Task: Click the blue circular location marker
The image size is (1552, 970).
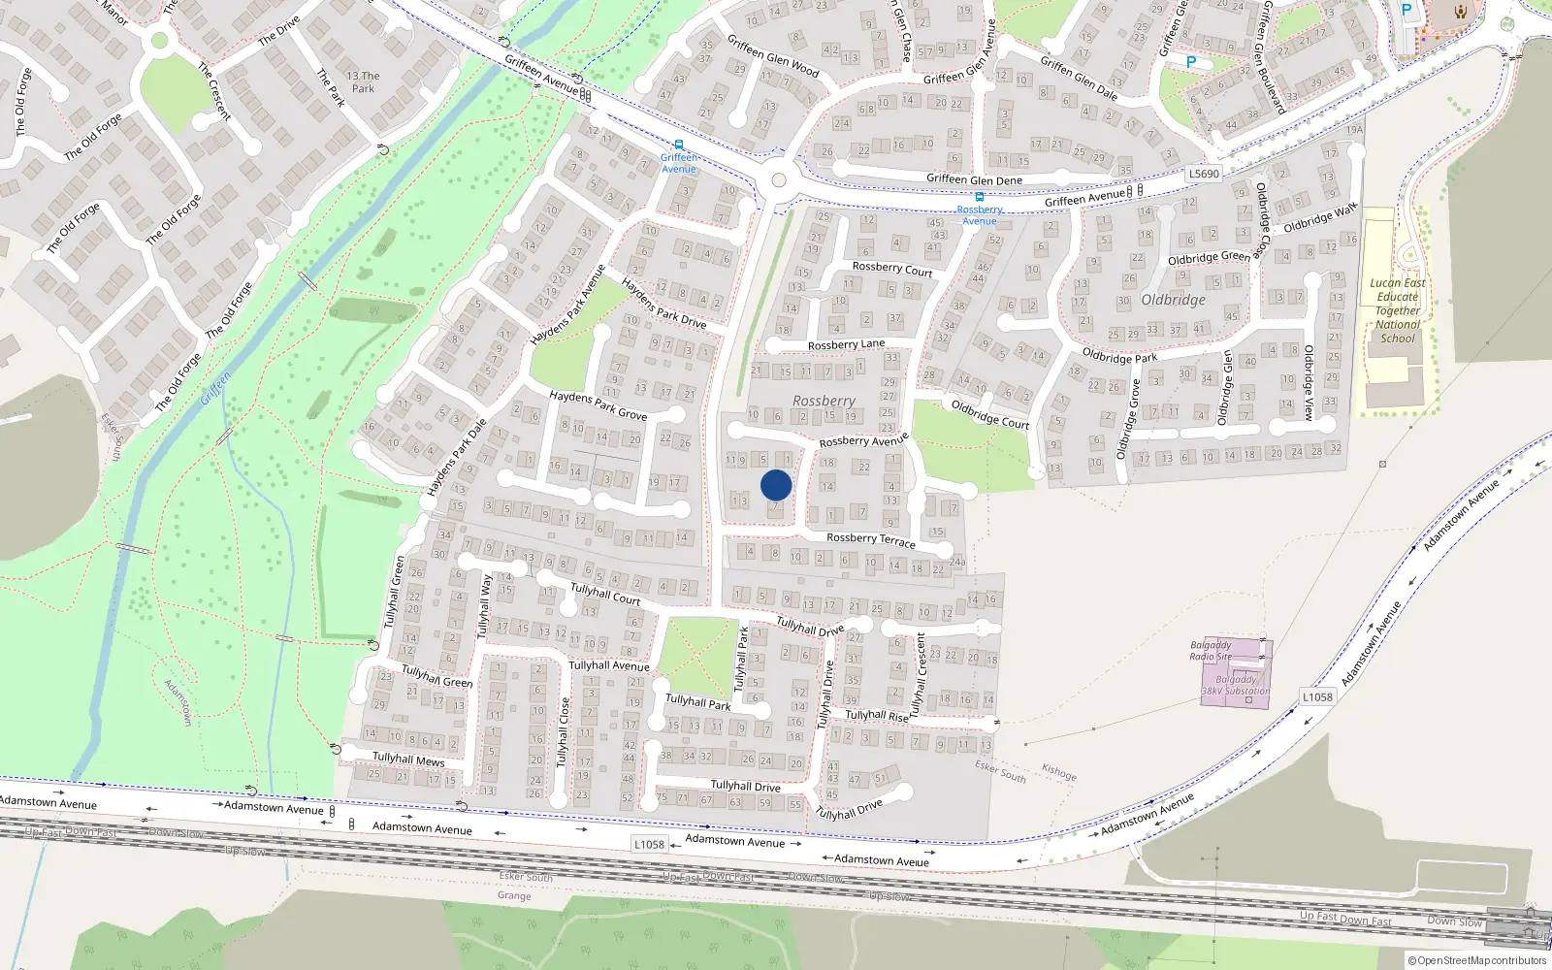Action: [x=776, y=485]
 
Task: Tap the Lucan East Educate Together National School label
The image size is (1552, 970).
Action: [x=1398, y=310]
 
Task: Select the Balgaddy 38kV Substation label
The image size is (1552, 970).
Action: [x=1235, y=685]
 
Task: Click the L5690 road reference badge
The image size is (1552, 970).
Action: [x=1204, y=174]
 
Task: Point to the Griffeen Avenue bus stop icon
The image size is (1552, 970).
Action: [x=679, y=145]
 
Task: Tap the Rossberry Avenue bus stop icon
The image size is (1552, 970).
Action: [x=980, y=197]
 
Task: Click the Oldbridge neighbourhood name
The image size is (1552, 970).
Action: [x=1173, y=300]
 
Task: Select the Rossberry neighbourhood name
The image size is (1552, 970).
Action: [x=824, y=401]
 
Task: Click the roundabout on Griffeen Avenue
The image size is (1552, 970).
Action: [x=778, y=180]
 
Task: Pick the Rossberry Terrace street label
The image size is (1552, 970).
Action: [x=870, y=539]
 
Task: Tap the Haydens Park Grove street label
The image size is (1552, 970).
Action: [x=598, y=405]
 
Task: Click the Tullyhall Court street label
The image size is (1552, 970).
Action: [x=605, y=594]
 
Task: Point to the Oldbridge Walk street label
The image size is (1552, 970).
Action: [x=1320, y=218]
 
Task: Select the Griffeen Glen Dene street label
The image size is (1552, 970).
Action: [x=974, y=179]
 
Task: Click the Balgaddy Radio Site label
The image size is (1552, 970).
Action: [x=1211, y=651]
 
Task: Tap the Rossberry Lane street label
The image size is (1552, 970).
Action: [x=846, y=344]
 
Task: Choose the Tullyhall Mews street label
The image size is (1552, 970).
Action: [x=408, y=759]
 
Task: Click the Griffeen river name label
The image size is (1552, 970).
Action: [x=215, y=389]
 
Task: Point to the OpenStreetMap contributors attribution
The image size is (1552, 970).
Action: [x=1477, y=960]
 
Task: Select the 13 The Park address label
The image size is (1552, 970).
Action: [x=363, y=82]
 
